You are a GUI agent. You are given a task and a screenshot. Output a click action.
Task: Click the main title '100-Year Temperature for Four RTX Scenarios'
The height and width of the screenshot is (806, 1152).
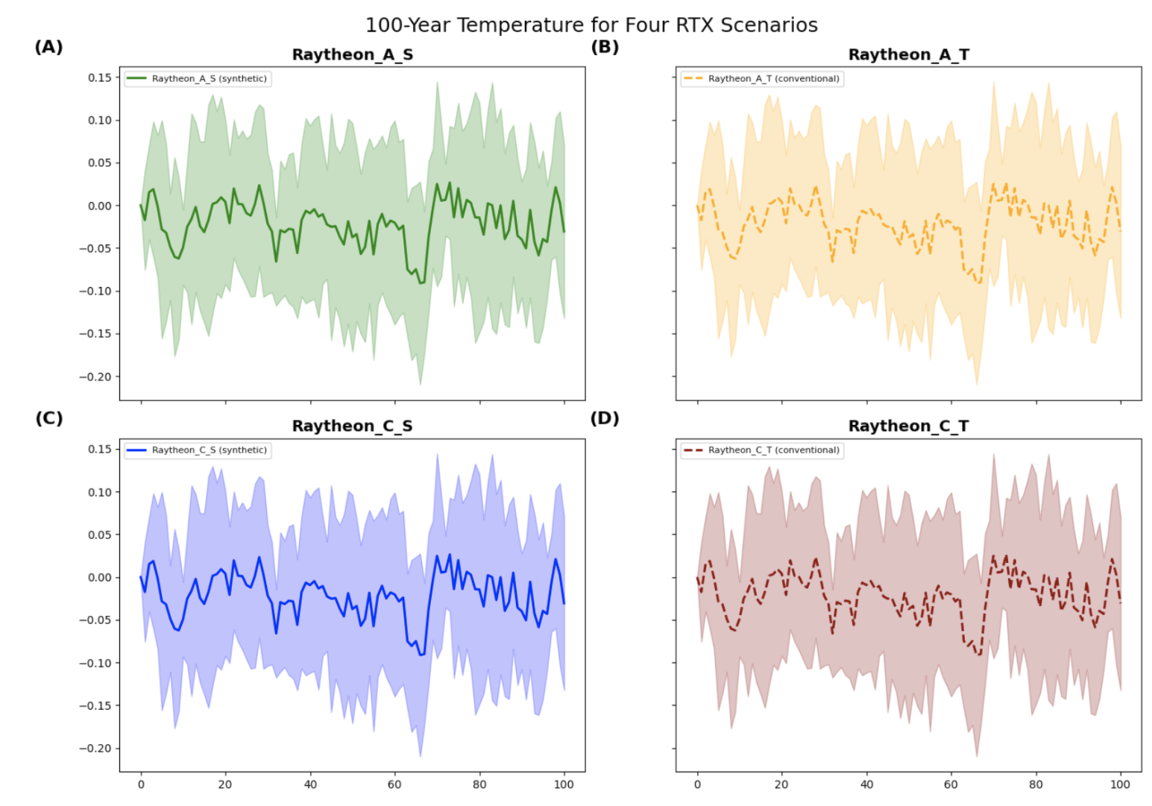click(x=591, y=25)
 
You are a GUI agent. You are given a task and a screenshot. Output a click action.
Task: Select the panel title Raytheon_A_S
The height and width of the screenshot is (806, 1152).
click(x=352, y=55)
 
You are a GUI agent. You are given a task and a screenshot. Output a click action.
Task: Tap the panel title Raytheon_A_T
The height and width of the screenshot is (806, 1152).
click(x=908, y=55)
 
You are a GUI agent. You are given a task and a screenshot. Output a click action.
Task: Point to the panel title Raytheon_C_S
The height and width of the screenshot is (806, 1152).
click(x=352, y=426)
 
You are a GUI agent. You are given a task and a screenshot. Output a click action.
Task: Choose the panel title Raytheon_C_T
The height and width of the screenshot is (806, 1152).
click(x=908, y=426)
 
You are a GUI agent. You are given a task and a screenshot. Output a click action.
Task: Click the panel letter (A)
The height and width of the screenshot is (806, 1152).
click(x=48, y=47)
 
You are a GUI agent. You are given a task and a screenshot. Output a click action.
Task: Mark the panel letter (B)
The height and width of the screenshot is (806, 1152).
click(x=604, y=47)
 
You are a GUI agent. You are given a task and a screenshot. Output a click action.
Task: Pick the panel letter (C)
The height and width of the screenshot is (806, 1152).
click(x=48, y=418)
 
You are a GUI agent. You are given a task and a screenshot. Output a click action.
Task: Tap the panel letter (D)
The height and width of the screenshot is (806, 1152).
click(x=604, y=418)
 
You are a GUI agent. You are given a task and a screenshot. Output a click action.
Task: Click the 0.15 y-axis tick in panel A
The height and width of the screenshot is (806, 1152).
click(x=99, y=78)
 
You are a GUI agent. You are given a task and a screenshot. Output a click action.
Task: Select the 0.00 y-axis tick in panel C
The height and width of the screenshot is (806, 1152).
click(x=99, y=578)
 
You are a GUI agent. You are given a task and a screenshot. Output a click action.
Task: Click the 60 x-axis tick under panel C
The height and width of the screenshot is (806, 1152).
click(x=394, y=784)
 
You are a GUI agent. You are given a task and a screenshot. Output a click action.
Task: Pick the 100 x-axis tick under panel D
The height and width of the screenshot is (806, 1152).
click(x=1120, y=784)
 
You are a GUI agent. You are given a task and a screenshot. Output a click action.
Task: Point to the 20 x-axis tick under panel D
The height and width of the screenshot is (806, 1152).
click(x=781, y=784)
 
